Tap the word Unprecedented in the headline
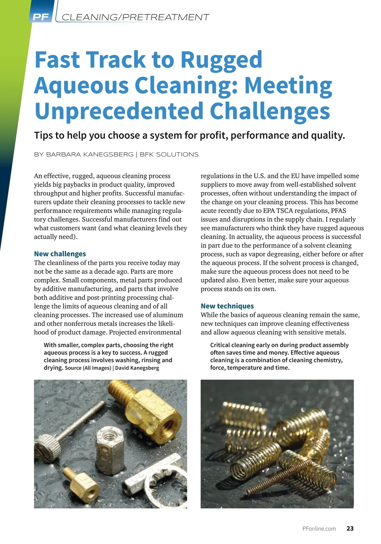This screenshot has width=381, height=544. (119, 111)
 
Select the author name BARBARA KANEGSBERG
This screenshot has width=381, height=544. (90, 155)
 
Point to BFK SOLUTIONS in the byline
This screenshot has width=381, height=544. (169, 155)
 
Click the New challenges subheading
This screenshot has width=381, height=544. (60, 254)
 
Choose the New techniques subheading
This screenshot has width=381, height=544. (227, 306)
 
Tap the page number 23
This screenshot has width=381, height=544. (350, 528)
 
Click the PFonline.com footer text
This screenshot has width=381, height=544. (319, 529)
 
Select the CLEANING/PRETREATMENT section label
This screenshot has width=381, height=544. (135, 17)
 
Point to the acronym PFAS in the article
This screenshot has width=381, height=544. (338, 211)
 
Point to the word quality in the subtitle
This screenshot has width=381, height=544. (327, 136)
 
